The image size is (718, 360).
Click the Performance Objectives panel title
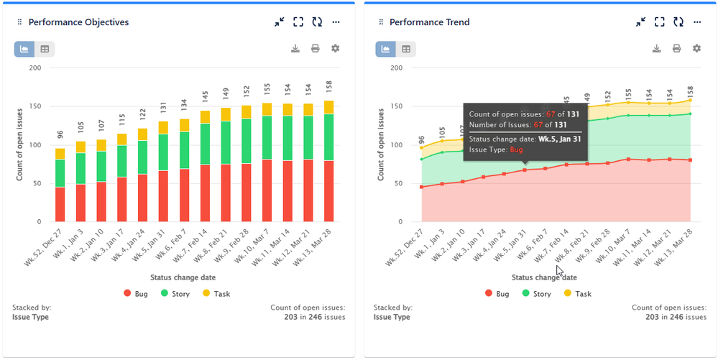pos(78,22)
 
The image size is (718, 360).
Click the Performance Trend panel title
pos(429,22)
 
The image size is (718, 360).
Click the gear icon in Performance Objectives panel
pos(335,48)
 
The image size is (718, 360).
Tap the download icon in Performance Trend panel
pos(656,48)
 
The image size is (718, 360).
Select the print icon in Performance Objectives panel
pos(315,48)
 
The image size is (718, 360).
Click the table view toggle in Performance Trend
pos(406,49)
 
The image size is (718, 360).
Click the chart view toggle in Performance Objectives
pos(24,49)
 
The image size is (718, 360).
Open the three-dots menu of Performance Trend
pos(696,22)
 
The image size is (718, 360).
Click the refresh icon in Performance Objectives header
pos(316,22)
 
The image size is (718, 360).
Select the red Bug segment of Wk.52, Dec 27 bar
pos(60,205)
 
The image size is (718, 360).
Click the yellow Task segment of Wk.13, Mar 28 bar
pos(330,107)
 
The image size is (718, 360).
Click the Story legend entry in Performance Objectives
pos(177,294)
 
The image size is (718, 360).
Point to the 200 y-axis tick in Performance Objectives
pos(34,68)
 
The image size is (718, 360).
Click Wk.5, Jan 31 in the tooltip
pos(561,139)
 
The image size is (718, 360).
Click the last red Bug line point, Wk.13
pos(691,160)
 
